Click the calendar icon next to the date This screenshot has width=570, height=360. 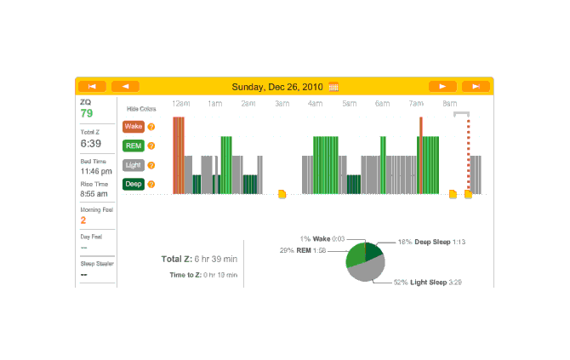coord(333,86)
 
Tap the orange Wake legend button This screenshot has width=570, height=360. coord(134,127)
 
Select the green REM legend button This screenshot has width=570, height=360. coord(134,146)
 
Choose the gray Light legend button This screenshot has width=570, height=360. coord(134,165)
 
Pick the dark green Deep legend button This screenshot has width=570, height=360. coord(134,184)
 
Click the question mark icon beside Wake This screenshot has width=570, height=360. coord(151,127)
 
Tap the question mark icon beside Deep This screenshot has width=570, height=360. coord(151,184)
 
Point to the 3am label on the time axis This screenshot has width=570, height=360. coord(282,104)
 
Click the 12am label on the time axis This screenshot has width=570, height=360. coord(180,104)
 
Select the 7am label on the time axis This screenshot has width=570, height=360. coord(416,104)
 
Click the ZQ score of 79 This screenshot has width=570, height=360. coord(87,113)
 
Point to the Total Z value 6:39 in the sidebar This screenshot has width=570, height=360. coord(91,144)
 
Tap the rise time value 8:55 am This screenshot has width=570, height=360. coord(94,193)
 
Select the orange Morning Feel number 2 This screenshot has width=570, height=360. coord(83,220)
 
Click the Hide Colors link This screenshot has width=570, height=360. coord(141,109)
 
